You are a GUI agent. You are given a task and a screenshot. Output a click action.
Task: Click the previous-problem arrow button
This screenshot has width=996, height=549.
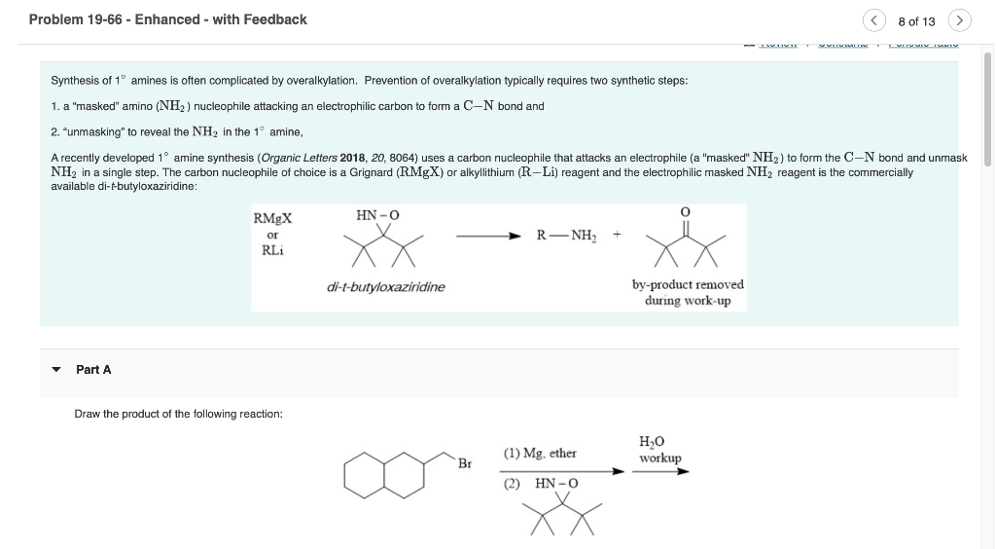874,20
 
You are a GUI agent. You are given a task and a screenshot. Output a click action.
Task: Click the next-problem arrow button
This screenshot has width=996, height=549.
959,20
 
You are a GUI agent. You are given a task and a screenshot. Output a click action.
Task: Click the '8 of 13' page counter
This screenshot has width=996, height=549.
916,20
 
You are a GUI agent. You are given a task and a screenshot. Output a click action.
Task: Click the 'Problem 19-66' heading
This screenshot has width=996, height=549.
167,19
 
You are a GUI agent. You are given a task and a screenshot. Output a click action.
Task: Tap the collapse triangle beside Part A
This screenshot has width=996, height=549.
56,370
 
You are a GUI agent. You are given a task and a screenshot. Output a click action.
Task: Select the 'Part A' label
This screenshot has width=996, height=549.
93,370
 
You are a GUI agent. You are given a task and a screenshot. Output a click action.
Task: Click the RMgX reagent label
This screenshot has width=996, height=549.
272,219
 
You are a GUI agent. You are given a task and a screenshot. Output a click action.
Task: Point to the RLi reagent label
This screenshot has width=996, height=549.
272,250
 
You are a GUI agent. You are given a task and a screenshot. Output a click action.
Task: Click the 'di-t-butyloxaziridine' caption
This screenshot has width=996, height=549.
386,287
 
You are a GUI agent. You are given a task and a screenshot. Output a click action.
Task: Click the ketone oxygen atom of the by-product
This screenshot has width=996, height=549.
686,212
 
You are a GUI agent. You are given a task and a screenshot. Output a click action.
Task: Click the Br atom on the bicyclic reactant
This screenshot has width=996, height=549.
465,464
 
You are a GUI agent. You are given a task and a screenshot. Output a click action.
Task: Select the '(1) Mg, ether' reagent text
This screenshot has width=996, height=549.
540,454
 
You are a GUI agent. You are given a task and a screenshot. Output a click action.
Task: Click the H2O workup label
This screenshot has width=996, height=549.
659,450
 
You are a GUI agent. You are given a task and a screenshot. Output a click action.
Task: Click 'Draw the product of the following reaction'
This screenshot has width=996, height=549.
178,414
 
